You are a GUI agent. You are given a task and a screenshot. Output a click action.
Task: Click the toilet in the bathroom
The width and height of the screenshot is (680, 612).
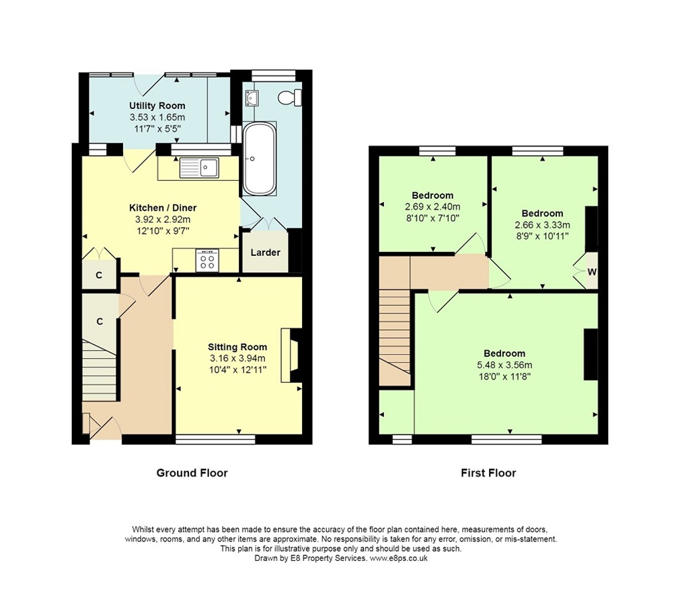(291, 97)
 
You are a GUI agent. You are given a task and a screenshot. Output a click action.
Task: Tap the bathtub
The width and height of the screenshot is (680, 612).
(260, 159)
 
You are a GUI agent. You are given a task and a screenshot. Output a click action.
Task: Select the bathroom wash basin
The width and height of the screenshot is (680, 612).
(252, 98)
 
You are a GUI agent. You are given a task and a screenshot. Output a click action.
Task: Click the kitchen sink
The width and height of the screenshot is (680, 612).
(199, 167)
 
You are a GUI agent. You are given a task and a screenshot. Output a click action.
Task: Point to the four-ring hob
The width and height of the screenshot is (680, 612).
(207, 260)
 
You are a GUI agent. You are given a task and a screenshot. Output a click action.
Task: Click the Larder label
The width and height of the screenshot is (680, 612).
(265, 252)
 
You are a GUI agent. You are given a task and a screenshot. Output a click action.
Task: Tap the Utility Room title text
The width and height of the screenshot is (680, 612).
(157, 105)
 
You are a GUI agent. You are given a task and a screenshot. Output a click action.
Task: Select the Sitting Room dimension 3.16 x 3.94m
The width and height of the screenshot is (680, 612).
(237, 358)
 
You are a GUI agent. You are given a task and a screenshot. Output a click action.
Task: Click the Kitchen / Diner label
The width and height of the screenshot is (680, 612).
(163, 208)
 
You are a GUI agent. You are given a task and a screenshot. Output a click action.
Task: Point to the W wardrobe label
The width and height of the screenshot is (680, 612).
(592, 272)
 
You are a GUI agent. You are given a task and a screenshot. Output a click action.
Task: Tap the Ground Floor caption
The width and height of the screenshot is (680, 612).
(192, 473)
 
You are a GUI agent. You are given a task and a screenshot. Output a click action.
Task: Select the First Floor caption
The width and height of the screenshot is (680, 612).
(488, 473)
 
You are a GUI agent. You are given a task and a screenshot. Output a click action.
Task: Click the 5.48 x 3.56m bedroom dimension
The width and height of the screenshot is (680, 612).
(504, 365)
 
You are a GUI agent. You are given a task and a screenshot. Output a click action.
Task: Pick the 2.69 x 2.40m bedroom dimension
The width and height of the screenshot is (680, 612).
(432, 207)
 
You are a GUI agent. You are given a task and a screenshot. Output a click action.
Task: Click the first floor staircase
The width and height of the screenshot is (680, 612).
(395, 337)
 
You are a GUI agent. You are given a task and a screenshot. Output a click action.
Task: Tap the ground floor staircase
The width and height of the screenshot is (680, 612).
(100, 371)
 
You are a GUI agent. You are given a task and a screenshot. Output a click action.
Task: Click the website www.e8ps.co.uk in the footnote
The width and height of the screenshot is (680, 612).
(398, 558)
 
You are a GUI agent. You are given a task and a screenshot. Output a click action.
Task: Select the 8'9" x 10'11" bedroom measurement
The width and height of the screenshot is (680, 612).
(542, 236)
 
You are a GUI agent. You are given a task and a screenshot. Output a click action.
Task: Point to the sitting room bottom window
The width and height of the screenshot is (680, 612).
(215, 439)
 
